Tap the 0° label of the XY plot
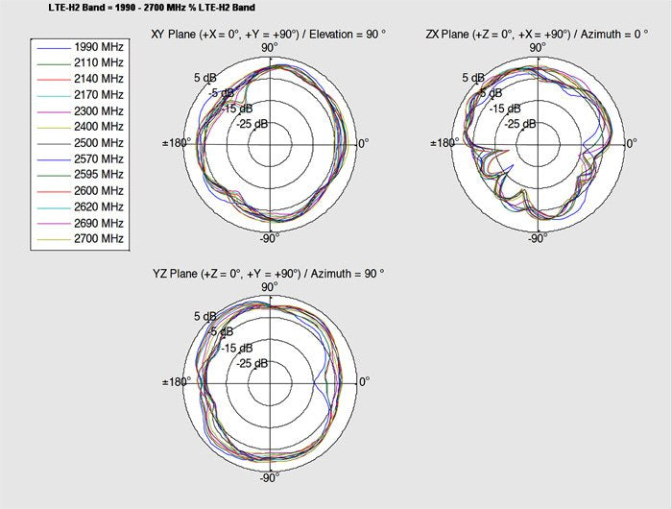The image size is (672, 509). coord(363,143)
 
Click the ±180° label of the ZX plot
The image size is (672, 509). coord(445,143)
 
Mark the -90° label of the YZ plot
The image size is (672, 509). coord(269,476)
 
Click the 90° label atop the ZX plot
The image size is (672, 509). coord(538,46)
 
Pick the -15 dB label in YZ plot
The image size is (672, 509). coord(238,348)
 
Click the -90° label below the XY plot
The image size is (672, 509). coord(269,238)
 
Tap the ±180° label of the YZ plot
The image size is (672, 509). coord(178,381)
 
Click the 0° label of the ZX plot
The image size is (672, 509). coord(631,143)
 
